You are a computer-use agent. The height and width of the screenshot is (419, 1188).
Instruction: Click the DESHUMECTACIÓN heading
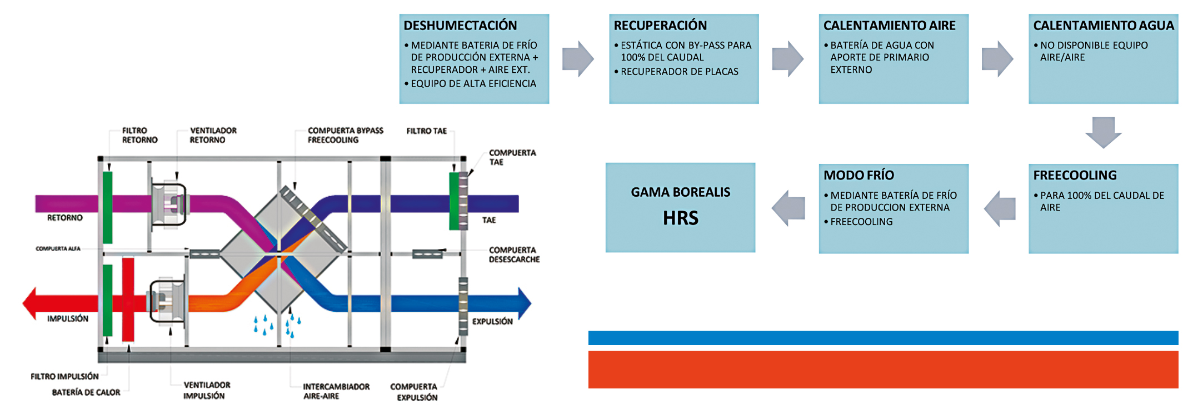click(x=460, y=26)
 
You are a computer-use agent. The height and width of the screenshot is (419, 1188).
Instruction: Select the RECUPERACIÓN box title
click(x=660, y=26)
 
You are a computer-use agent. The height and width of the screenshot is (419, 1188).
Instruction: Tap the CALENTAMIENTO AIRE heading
click(x=889, y=26)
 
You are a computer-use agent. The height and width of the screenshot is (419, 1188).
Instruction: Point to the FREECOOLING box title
click(x=1075, y=176)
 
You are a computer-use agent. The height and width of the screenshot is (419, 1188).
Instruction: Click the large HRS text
click(x=681, y=218)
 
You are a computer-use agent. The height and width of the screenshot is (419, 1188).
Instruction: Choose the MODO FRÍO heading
click(x=858, y=176)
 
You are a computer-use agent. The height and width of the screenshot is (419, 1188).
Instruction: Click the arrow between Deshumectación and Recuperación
click(x=578, y=58)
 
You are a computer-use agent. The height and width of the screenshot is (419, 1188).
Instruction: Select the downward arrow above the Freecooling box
click(x=1103, y=132)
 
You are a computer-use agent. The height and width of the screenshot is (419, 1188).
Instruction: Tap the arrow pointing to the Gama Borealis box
click(x=788, y=208)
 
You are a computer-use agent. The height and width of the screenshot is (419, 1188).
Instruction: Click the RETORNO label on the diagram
click(x=64, y=218)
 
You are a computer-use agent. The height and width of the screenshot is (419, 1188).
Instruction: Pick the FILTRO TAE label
click(x=426, y=131)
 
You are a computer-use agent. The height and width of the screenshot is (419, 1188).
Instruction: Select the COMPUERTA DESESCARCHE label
click(x=513, y=255)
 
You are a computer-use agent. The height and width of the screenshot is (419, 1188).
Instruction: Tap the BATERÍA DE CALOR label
click(x=86, y=392)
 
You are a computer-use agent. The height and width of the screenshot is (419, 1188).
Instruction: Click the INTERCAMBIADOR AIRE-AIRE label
click(x=336, y=391)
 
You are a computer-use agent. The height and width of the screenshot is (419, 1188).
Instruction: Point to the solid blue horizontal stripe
click(x=883, y=338)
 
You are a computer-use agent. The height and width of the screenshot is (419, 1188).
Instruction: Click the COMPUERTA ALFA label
click(x=58, y=248)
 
